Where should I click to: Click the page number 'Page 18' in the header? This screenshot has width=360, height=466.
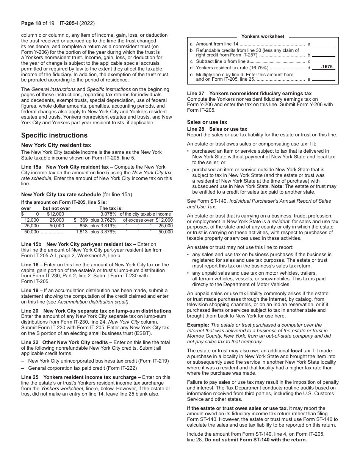pyautogui.click(x=30, y=23)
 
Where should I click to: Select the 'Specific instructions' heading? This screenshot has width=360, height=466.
pyautogui.click(x=54, y=135)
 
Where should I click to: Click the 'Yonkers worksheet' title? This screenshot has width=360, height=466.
pyautogui.click(x=263, y=36)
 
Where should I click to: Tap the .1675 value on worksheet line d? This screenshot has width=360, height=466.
pyautogui.click(x=326, y=67)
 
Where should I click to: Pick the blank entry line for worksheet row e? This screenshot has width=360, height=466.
pyautogui.click(x=324, y=79)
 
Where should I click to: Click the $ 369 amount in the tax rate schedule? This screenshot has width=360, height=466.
pyautogui.click(x=81, y=220)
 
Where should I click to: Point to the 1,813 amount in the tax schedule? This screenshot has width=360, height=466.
pyautogui.click(x=82, y=232)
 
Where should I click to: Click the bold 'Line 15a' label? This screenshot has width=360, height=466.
pyautogui.click(x=31, y=167)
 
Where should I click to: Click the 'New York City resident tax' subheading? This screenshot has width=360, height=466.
pyautogui.click(x=56, y=145)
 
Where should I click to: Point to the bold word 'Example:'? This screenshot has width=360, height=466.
pyautogui.click(x=198, y=325)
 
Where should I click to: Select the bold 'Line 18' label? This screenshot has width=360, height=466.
pyautogui.click(x=30, y=291)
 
